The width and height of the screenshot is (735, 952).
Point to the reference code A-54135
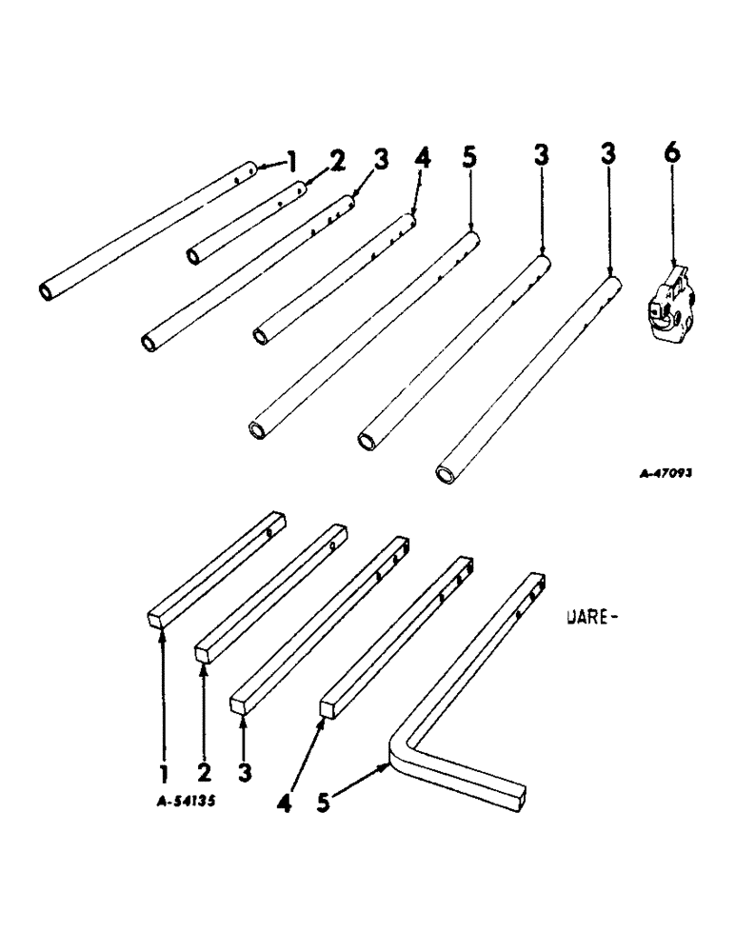pos(186,802)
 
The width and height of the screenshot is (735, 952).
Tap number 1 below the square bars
pos(163,773)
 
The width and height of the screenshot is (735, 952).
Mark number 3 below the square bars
pos(245,773)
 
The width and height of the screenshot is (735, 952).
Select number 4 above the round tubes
pos(422,158)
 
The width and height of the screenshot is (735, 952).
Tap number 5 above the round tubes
pos(471,158)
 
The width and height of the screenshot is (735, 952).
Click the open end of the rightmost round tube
pos(445,473)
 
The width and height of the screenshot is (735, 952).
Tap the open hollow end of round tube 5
pos(256,429)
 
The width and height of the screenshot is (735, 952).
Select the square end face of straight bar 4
pos(327,708)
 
